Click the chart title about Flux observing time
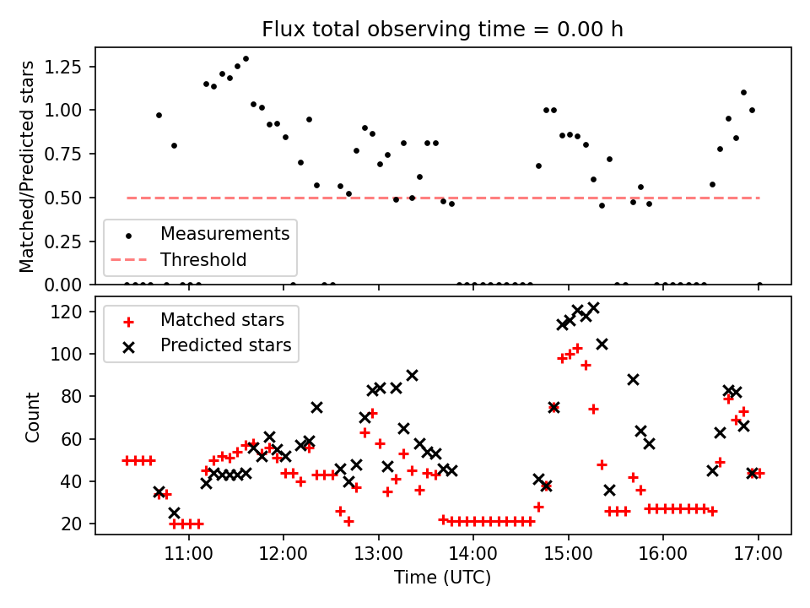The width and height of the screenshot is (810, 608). pyautogui.click(x=443, y=30)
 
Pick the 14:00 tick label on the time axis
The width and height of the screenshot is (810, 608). pyautogui.click(x=472, y=556)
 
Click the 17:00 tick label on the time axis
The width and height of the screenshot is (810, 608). pyautogui.click(x=758, y=556)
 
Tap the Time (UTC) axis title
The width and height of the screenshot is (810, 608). pyautogui.click(x=443, y=578)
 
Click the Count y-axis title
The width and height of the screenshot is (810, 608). pyautogui.click(x=33, y=416)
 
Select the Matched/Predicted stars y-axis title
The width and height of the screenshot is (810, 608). pyautogui.click(x=27, y=166)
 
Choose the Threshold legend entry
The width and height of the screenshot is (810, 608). pyautogui.click(x=203, y=259)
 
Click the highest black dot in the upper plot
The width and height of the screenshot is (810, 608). pyautogui.click(x=246, y=59)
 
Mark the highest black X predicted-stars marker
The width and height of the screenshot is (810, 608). pyautogui.click(x=593, y=308)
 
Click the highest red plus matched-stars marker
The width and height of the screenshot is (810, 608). pyautogui.click(x=577, y=348)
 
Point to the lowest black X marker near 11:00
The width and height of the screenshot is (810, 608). pyautogui.click(x=174, y=513)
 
